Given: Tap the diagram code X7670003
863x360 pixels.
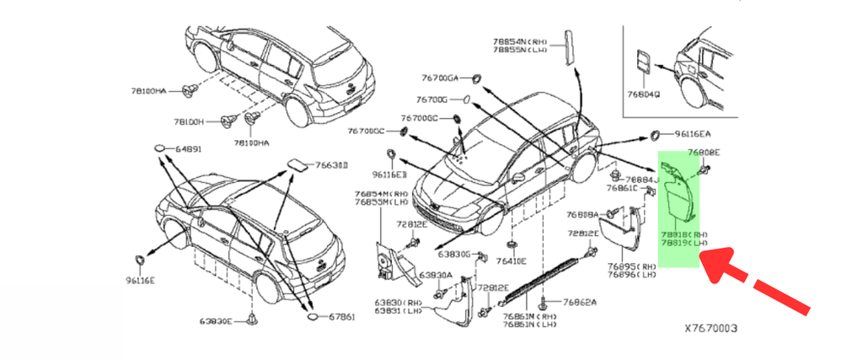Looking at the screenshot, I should (x=710, y=327).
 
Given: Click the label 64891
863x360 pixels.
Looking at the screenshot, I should (x=189, y=149).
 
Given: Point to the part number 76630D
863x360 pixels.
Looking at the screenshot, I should (x=331, y=165).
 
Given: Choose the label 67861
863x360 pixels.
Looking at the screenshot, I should (x=340, y=317).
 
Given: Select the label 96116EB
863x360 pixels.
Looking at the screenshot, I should (x=390, y=175).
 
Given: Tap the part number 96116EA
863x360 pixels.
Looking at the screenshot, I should (x=692, y=134).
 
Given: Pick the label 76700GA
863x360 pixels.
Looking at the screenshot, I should (x=440, y=78).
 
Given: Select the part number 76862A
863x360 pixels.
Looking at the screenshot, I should (x=580, y=302).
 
